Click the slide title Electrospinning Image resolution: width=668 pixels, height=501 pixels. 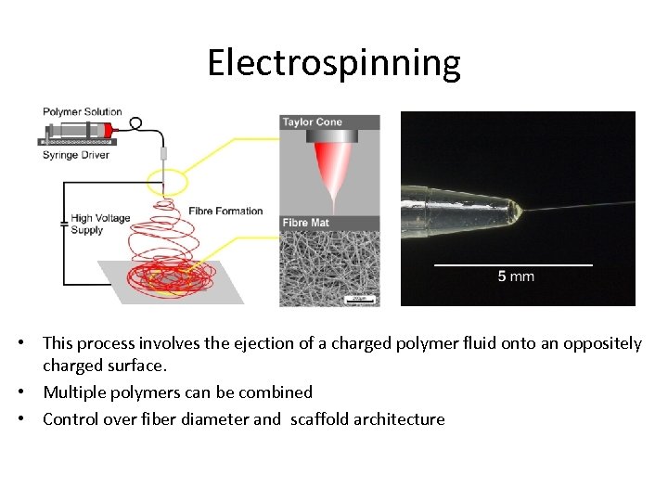point(333,63)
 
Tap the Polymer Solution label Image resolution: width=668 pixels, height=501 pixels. point(83,112)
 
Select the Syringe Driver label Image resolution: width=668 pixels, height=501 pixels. point(76,155)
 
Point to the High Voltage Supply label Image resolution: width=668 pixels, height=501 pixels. point(99,224)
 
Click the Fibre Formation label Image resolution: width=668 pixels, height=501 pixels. point(225,211)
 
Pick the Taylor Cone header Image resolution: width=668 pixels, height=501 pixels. point(312,122)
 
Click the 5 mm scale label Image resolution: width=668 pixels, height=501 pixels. point(515,276)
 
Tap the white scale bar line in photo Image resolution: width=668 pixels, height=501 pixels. point(513,264)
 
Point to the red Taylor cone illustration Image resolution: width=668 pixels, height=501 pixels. point(329,172)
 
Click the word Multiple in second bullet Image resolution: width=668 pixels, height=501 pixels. point(74,392)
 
